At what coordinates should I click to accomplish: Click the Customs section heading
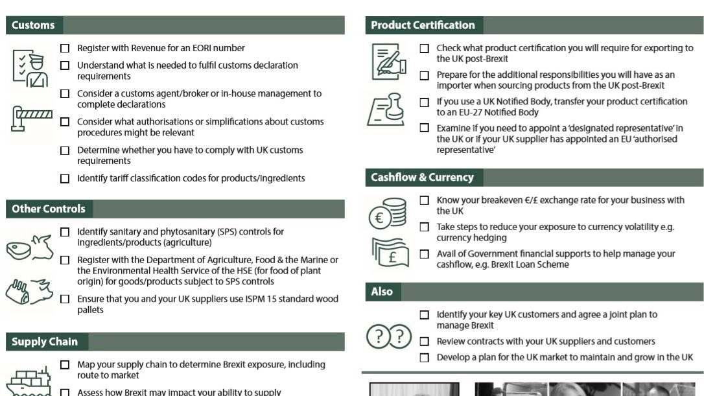point(33,25)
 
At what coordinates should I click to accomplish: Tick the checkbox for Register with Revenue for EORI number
point(65,48)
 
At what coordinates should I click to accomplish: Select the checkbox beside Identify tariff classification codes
point(65,178)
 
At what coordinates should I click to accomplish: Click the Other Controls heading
point(49,209)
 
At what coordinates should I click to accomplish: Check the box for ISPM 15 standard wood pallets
point(65,299)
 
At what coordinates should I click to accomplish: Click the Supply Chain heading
point(45,342)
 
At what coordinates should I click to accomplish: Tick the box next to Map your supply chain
point(65,365)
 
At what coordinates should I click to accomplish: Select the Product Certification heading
point(423,25)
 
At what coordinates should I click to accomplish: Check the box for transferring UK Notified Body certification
point(424,102)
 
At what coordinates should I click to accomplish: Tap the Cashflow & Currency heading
point(422,177)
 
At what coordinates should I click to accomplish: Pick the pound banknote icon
point(390,253)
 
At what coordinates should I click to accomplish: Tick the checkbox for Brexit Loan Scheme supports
point(424,254)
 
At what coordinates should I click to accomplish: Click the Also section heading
point(382,292)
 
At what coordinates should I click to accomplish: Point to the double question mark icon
point(389,336)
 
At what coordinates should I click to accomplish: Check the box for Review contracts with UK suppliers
point(424,342)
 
